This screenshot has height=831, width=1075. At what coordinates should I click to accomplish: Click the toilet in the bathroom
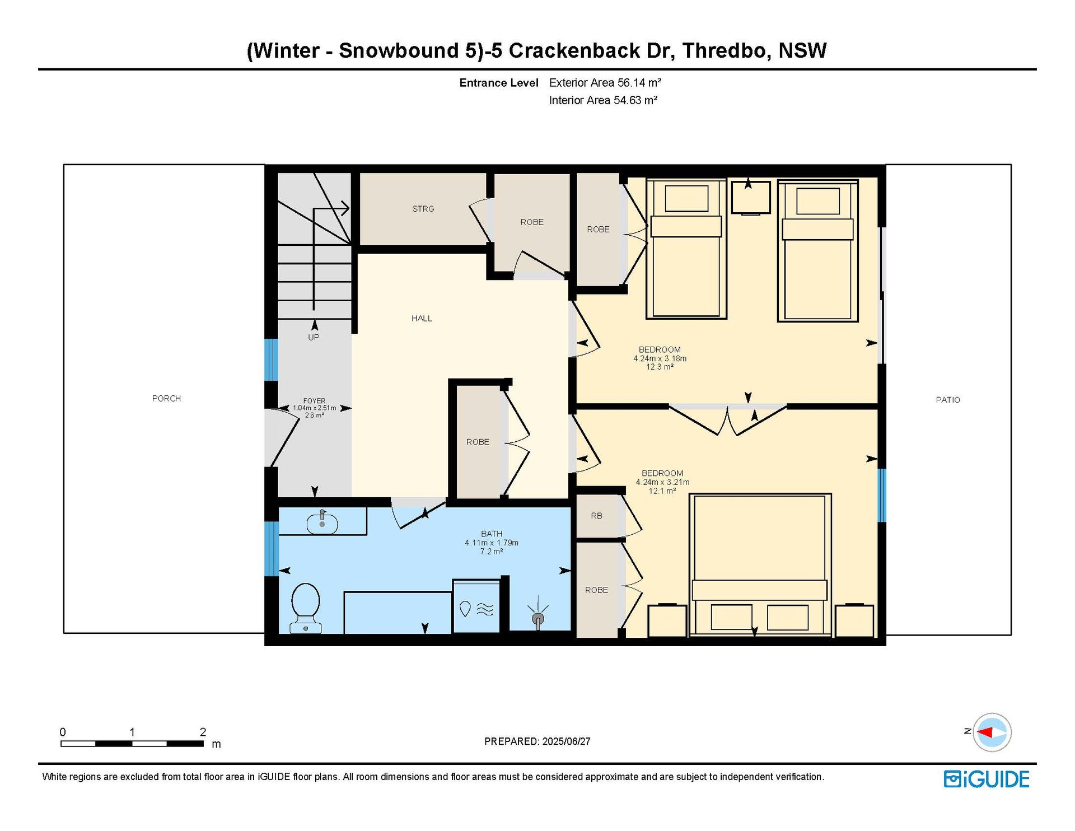(x=306, y=608)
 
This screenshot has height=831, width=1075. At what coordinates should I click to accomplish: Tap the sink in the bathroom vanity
(x=322, y=524)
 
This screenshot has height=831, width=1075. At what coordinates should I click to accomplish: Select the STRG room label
(x=423, y=209)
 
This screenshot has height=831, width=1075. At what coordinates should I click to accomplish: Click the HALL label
(x=422, y=319)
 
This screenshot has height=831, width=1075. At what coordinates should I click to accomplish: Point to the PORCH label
(x=166, y=399)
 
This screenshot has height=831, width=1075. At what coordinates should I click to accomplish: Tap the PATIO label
(x=948, y=400)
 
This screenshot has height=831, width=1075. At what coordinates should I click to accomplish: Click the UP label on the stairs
(x=314, y=338)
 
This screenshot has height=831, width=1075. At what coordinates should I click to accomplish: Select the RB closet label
(x=597, y=516)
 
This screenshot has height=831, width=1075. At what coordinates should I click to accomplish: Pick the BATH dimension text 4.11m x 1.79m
(x=492, y=543)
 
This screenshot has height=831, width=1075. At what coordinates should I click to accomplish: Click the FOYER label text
(x=314, y=401)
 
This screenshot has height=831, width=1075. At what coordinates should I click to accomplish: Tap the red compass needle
(x=985, y=732)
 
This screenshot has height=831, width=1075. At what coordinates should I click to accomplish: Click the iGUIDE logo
(x=987, y=779)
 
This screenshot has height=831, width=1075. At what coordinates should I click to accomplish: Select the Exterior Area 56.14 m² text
(x=605, y=83)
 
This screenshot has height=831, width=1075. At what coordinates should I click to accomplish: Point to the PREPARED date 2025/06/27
(x=566, y=741)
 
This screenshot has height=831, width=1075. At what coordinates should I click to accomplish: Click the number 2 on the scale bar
(x=203, y=732)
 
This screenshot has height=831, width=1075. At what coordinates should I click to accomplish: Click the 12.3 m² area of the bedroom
(x=660, y=367)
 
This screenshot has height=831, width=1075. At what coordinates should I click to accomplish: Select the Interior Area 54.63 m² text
(x=603, y=100)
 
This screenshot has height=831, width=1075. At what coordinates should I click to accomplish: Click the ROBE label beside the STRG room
(x=532, y=222)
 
